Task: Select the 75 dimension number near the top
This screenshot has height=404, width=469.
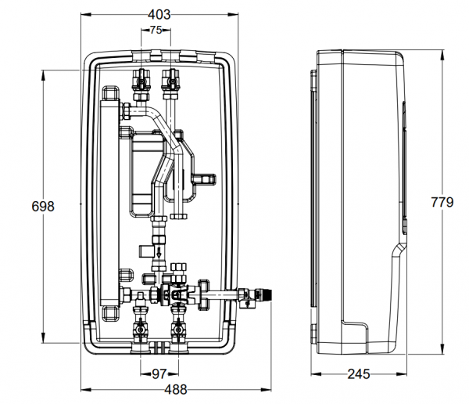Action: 155,31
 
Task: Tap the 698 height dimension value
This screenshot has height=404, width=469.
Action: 42,207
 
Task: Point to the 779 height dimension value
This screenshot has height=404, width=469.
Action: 442,203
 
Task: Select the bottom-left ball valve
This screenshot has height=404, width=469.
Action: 141,323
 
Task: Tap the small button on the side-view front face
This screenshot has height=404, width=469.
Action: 406,226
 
